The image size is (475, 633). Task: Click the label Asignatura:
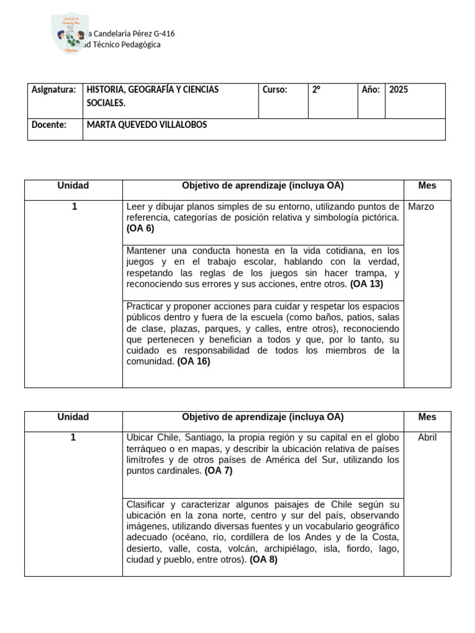54,90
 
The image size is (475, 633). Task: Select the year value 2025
399,90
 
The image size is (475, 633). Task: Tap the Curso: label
275,90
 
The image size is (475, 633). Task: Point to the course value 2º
316,90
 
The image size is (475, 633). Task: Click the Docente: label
49,125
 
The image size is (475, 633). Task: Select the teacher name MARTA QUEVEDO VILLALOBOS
147,125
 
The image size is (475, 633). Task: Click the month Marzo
421,206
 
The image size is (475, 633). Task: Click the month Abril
427,437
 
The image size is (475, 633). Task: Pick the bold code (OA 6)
140,228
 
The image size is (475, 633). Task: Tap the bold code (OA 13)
367,284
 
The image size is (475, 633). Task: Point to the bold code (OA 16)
194,362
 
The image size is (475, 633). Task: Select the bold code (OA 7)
218,470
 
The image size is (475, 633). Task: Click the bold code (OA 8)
263,560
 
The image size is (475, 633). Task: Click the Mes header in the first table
427,185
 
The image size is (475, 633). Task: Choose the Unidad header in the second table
73,417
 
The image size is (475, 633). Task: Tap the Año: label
370,90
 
